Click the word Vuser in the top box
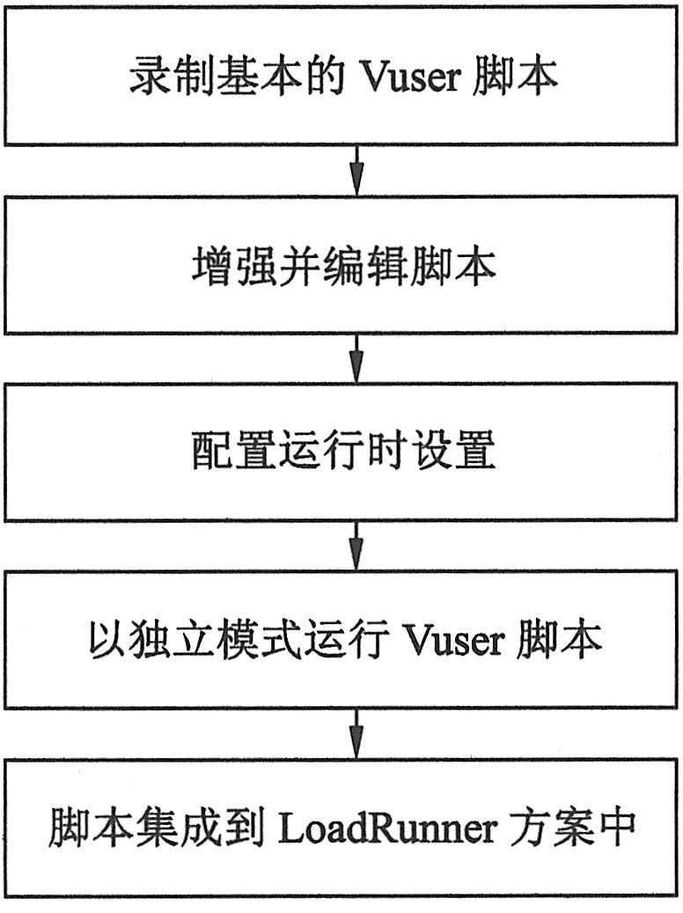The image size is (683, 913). [x=414, y=77]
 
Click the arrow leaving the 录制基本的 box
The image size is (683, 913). [x=356, y=170]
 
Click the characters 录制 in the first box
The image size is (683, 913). [x=161, y=77]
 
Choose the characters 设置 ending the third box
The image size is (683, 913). [x=464, y=453]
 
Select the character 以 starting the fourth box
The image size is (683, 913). [x=104, y=640]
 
